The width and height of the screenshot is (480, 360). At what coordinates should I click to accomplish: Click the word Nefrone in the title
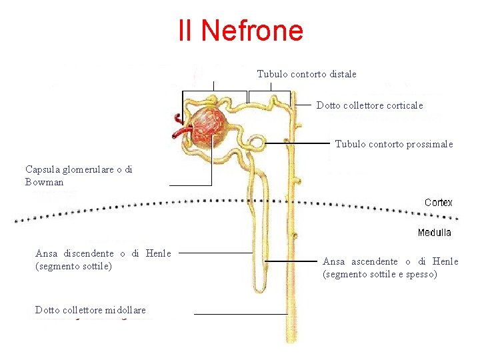(251, 30)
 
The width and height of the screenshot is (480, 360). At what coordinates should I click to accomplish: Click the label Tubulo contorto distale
(307, 74)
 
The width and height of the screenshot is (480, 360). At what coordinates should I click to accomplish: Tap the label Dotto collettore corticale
(369, 105)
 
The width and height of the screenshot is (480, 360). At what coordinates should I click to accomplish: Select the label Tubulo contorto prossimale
(393, 144)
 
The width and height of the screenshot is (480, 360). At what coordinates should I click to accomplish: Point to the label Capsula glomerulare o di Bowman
(79, 175)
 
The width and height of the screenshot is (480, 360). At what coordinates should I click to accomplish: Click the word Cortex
(438, 202)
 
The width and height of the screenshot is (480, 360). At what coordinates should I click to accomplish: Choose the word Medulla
(434, 233)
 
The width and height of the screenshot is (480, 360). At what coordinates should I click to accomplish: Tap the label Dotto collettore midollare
(90, 310)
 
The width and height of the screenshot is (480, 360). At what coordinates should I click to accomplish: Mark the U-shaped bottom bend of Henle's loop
(259, 288)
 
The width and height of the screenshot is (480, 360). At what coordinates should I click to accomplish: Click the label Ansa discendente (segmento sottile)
(103, 259)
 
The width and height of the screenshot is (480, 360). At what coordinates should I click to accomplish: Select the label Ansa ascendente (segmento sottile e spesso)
(390, 267)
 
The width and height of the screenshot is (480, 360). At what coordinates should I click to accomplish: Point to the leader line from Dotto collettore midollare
(240, 314)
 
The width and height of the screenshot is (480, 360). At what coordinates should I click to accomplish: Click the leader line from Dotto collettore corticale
(303, 105)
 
